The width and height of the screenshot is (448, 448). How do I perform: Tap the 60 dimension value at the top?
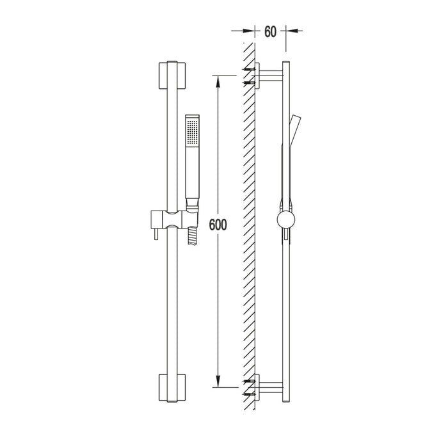tap(271, 31)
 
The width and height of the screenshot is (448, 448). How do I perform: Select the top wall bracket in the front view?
tap(171, 75)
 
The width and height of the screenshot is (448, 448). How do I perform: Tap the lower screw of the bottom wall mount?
tap(248, 395)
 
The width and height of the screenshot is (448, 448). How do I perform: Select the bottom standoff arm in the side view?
tap(269, 388)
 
